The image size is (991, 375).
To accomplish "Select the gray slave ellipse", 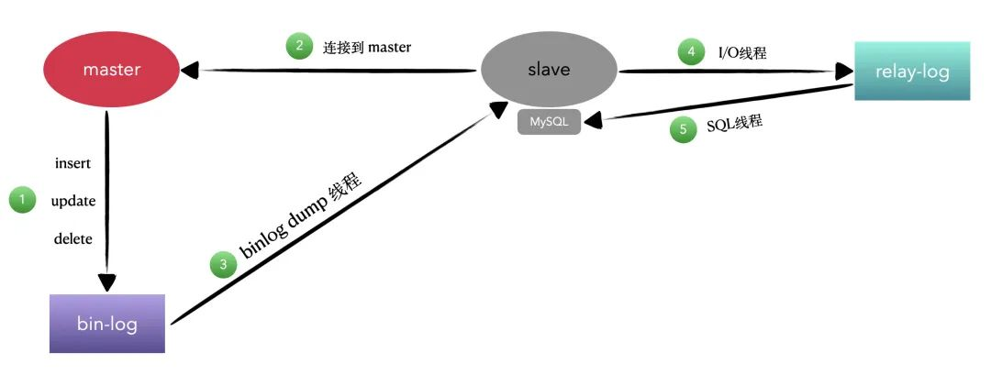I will coord(550,70).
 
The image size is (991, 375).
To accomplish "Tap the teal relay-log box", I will coord(911,71).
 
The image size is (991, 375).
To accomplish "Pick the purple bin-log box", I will coord(107,324).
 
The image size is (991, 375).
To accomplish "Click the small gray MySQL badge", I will coord(549,122).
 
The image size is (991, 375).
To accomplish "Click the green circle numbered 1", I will coord(22,200).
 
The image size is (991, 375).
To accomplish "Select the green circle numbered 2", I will coord(299,47).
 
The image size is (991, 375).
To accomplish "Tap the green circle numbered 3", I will coord(223,266).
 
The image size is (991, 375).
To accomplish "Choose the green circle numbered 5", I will coord(683,130).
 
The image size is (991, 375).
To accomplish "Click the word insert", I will coord(73,164).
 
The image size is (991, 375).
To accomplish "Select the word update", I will coord(73,201).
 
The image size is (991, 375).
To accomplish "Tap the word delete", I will coord(73,239).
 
